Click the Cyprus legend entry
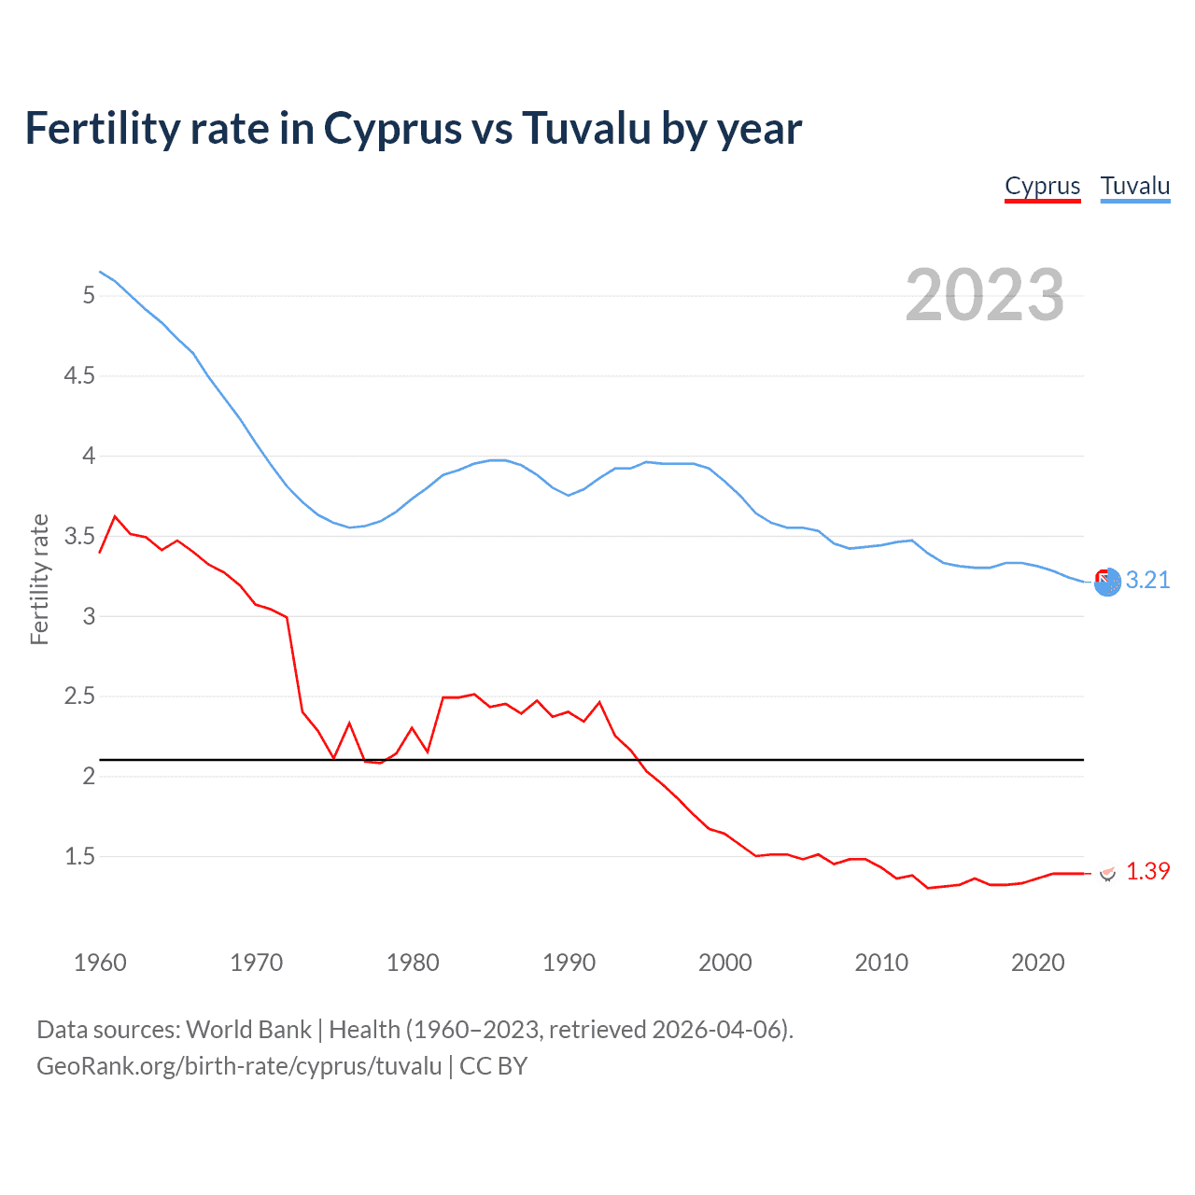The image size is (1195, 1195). (x=1042, y=187)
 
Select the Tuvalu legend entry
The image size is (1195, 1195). (x=1134, y=187)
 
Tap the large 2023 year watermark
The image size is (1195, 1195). (x=985, y=295)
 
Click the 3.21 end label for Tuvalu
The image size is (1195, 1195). (x=1147, y=581)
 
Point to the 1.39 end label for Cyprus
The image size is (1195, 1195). (x=1147, y=871)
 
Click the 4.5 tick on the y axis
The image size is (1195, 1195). (x=79, y=376)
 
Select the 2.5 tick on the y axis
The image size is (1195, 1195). (x=79, y=696)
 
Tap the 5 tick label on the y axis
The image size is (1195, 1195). (x=89, y=296)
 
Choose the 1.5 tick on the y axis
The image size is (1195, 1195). (x=79, y=857)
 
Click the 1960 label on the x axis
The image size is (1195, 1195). (x=100, y=963)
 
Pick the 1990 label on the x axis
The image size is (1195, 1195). (x=569, y=963)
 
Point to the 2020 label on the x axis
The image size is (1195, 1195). (x=1037, y=963)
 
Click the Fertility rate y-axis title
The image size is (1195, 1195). (x=39, y=579)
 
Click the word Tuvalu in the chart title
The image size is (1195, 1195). (x=586, y=129)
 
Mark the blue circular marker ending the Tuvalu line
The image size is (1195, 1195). (x=1107, y=583)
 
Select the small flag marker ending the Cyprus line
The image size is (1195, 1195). (x=1108, y=873)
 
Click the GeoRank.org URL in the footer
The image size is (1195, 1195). (x=239, y=1066)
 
